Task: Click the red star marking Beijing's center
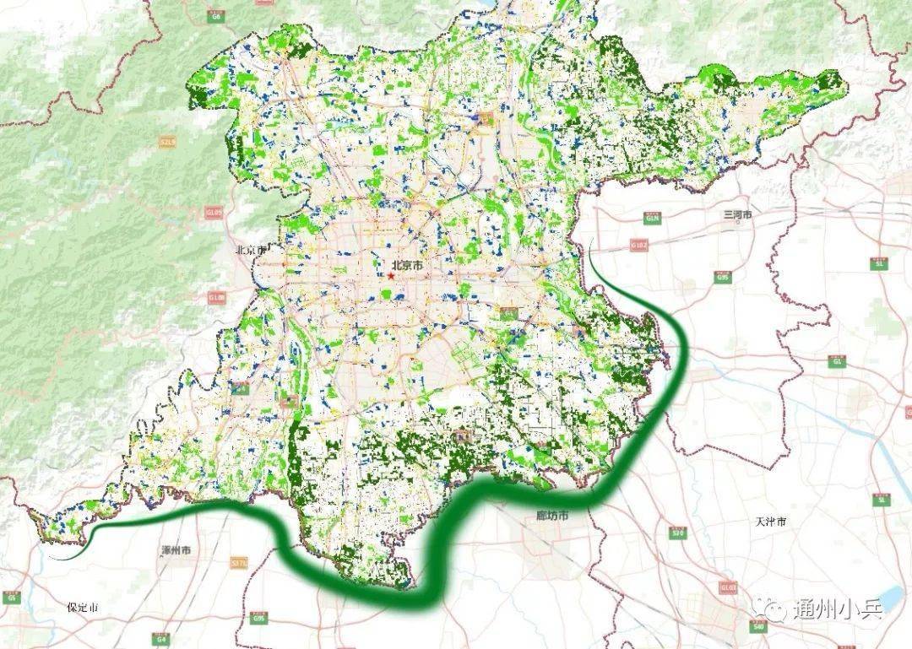point(392,276)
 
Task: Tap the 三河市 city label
point(737,216)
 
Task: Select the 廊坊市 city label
point(552,516)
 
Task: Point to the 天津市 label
point(771,522)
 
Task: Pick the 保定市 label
point(83,608)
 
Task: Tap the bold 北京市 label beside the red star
point(408,265)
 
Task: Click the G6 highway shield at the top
point(217,16)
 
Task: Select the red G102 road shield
point(639,245)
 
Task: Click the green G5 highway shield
point(11,597)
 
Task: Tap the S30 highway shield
point(676,533)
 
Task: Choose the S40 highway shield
point(757,625)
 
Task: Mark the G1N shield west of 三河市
point(652,218)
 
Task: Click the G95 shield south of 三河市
point(722,276)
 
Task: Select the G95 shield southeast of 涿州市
point(257,619)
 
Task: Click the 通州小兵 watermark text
point(836,609)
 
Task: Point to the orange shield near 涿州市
point(239,562)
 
